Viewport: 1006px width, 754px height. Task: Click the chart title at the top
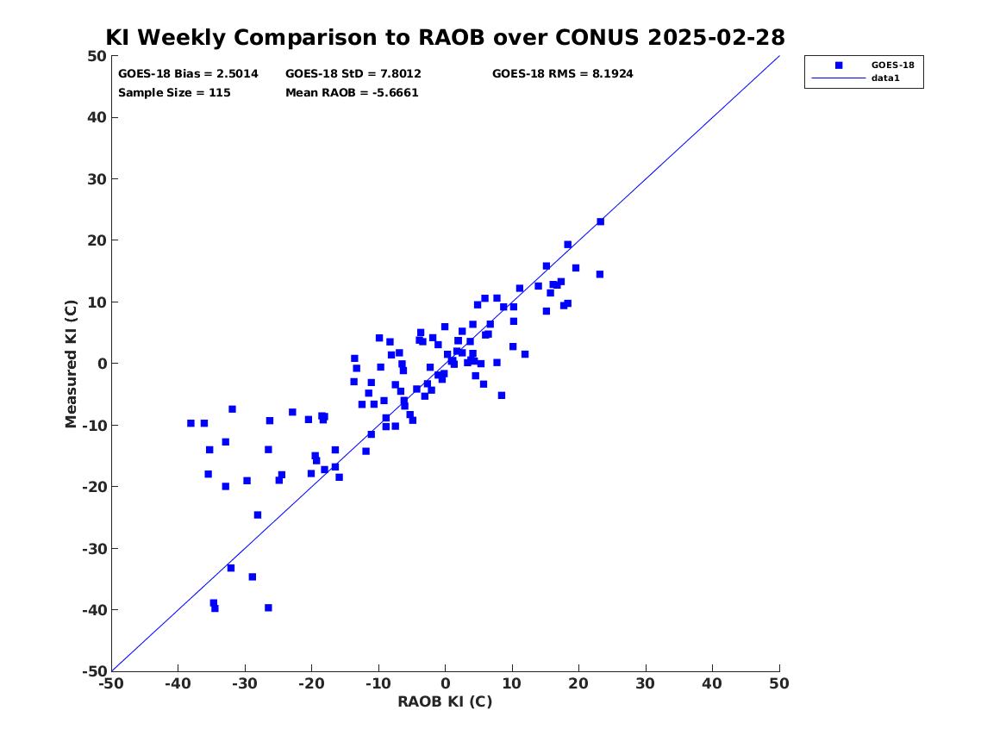click(x=446, y=37)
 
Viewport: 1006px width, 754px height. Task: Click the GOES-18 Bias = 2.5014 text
click(x=188, y=74)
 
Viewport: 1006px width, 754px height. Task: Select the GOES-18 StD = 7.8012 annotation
click(x=353, y=74)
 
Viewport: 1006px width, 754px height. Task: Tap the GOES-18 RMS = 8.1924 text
click(x=563, y=74)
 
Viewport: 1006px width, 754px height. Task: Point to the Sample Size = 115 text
click(x=174, y=93)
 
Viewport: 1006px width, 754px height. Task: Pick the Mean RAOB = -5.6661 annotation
click(x=353, y=93)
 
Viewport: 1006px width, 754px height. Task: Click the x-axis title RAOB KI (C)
click(x=446, y=701)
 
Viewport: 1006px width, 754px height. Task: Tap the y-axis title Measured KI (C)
click(x=71, y=364)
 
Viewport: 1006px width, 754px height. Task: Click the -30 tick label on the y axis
click(x=94, y=548)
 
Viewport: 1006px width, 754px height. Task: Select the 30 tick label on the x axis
click(x=646, y=683)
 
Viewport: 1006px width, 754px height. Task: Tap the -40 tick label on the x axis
click(x=178, y=683)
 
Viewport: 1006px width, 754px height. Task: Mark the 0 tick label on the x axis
click(x=446, y=683)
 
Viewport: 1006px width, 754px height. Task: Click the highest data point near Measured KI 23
click(x=601, y=221)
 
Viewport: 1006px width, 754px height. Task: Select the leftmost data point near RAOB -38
click(x=191, y=423)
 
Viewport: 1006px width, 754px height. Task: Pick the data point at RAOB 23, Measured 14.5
click(x=600, y=274)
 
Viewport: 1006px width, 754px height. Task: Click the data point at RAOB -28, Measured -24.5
click(x=258, y=514)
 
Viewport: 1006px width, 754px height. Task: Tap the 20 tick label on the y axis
click(x=97, y=240)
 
